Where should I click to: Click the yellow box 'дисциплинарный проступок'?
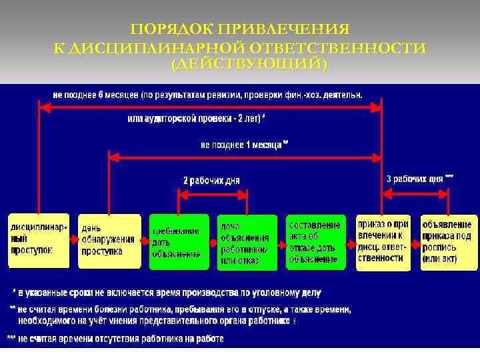(38, 241)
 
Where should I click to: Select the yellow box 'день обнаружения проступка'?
(109, 241)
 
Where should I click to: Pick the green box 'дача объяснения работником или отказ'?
(247, 242)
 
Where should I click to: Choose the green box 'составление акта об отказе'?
(316, 241)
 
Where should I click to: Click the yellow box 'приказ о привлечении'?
(383, 241)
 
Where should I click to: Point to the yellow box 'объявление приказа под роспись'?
(449, 241)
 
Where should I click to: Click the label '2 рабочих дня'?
(211, 180)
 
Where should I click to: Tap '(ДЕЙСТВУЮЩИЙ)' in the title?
(249, 65)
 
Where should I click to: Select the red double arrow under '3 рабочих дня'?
(415, 191)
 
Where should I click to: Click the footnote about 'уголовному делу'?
(167, 292)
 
